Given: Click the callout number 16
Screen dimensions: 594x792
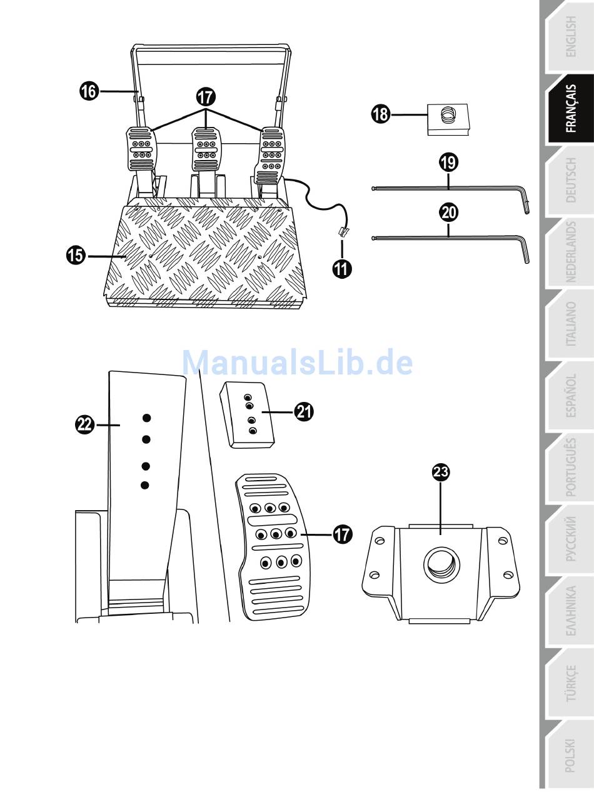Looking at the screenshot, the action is pos(89,91).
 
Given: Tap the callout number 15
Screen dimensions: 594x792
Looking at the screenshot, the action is pos(76,255).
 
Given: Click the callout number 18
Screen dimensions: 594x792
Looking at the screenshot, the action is pos(380,115).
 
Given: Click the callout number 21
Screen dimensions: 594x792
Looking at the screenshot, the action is pos(304,411).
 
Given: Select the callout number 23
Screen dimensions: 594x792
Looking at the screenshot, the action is pos(441,473).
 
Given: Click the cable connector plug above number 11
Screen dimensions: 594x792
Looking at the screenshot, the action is pos(342,231).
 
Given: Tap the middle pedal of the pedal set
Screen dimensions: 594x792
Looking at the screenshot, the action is pos(204,149).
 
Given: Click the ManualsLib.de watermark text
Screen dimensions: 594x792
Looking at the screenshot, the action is pos(297,363).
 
